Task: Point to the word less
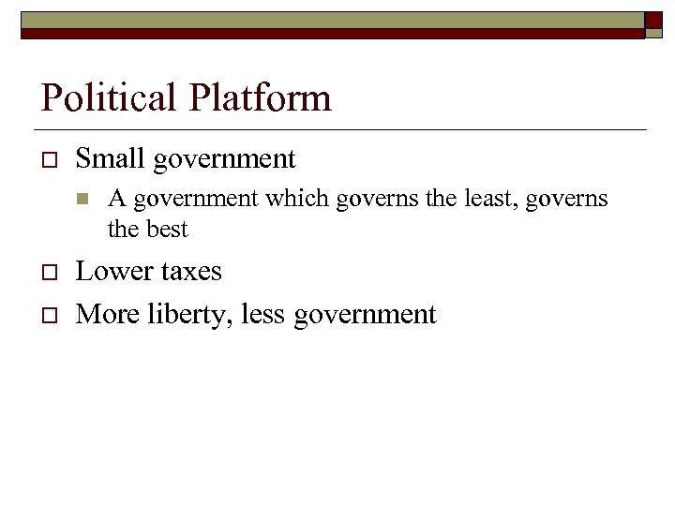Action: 262,314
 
